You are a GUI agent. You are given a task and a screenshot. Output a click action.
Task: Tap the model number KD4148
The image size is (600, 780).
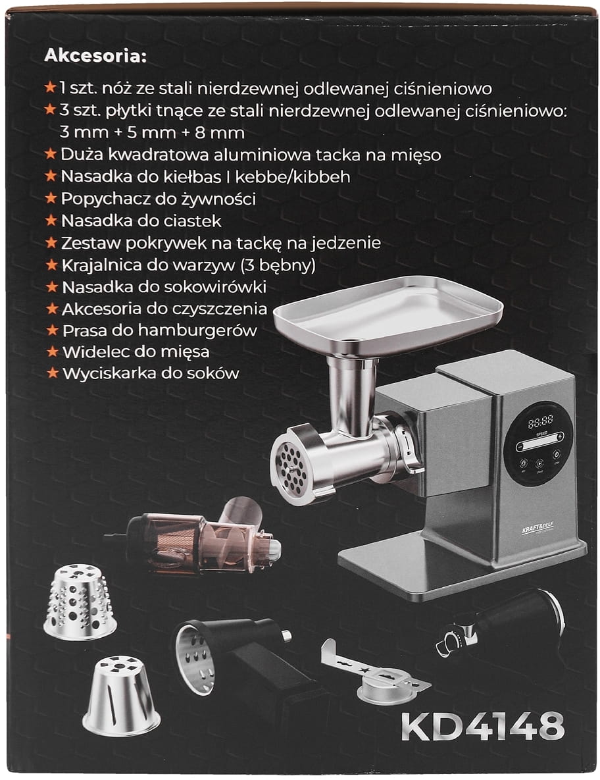pos(483,727)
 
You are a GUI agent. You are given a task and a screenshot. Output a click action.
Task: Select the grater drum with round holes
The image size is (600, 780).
pos(79,600)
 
